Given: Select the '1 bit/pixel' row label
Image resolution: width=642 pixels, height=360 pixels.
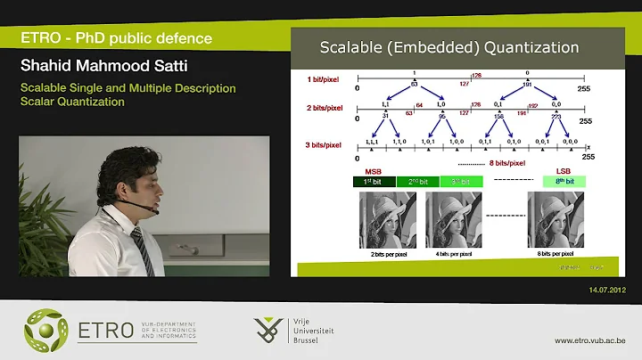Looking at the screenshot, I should coord(325,78).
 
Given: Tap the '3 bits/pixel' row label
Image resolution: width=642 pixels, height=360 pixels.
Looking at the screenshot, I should coord(325,144).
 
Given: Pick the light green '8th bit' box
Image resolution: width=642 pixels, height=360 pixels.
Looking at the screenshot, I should coord(564,181).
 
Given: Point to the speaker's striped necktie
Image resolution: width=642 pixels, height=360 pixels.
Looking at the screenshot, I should coord(139,249).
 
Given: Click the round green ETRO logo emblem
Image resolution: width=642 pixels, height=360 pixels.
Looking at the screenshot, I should coord(45,330).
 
